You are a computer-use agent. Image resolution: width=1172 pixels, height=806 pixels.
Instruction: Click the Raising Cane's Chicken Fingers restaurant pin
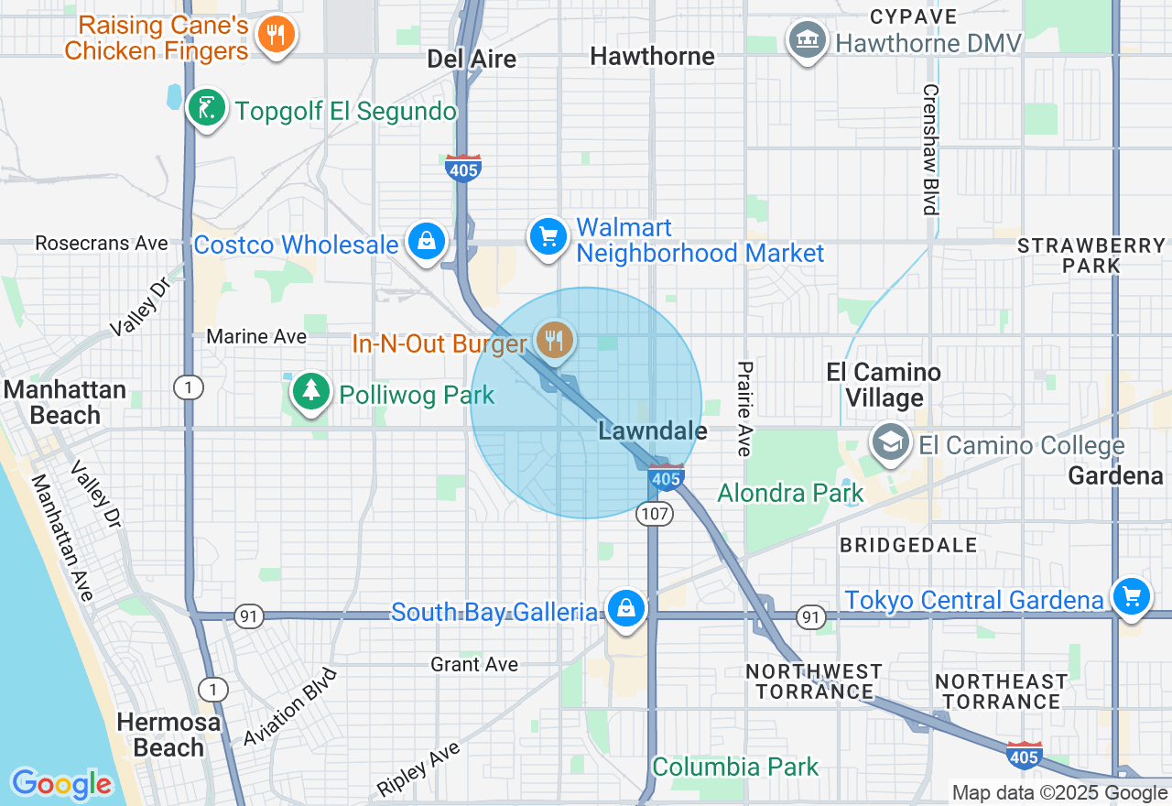tap(275, 36)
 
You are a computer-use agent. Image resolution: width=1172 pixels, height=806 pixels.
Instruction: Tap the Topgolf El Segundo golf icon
tap(207, 109)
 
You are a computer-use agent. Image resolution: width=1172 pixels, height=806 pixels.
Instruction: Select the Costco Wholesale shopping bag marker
tap(427, 242)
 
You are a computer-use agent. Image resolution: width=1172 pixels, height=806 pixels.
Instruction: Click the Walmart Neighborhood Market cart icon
tap(548, 237)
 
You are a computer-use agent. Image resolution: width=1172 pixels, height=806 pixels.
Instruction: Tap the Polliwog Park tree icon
tap(311, 392)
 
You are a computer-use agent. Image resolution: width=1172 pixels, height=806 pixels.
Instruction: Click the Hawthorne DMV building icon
tap(807, 40)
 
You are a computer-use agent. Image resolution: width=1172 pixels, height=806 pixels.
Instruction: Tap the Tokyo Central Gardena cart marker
tap(1132, 597)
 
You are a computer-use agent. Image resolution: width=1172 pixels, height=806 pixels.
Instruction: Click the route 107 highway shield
tap(655, 514)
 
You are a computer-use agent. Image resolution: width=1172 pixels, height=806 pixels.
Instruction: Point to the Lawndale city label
tap(652, 430)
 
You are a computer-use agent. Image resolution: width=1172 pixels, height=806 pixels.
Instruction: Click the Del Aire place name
tap(472, 60)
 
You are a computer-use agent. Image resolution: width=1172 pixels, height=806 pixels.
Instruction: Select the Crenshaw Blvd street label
tap(931, 149)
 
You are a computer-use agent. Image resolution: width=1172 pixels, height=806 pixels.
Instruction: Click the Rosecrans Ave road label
tap(102, 244)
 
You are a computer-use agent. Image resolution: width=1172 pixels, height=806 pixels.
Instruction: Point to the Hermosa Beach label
tap(168, 735)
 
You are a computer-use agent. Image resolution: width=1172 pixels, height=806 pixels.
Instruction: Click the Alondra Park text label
tap(790, 494)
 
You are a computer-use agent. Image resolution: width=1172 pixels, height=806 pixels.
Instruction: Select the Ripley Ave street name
tap(418, 769)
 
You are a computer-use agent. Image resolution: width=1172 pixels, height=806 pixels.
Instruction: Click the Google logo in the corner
tap(61, 783)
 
